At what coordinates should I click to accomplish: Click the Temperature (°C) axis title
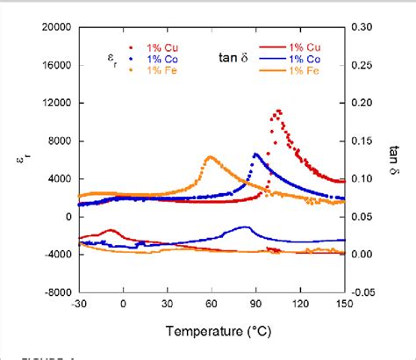click(x=211, y=333)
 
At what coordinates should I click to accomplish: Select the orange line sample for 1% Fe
click(x=273, y=70)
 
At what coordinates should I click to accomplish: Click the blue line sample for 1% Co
click(x=273, y=58)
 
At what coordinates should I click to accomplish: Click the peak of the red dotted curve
click(x=278, y=111)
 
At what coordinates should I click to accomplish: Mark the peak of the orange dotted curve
click(x=209, y=157)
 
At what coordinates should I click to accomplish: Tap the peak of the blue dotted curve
click(x=255, y=155)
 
